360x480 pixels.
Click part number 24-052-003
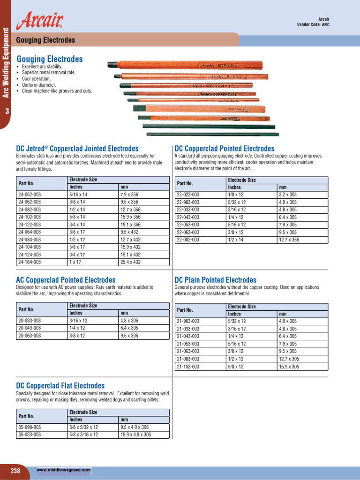[30, 194]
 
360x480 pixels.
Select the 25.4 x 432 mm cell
[130, 262]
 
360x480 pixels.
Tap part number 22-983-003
[188, 202]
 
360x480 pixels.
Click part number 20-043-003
[30, 328]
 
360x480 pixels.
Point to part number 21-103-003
[188, 367]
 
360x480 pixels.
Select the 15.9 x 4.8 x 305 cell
[136, 435]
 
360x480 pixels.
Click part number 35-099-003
[30, 427]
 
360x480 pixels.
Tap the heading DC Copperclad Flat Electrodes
[60, 386]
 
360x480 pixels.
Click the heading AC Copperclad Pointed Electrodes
[66, 280]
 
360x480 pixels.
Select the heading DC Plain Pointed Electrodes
[215, 280]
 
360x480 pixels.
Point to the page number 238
[15, 471]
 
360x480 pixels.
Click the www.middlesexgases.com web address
[63, 469]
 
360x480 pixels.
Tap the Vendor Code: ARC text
[316, 25]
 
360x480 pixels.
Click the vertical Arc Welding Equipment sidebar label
[6, 63]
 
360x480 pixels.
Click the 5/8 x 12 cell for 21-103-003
[237, 367]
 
